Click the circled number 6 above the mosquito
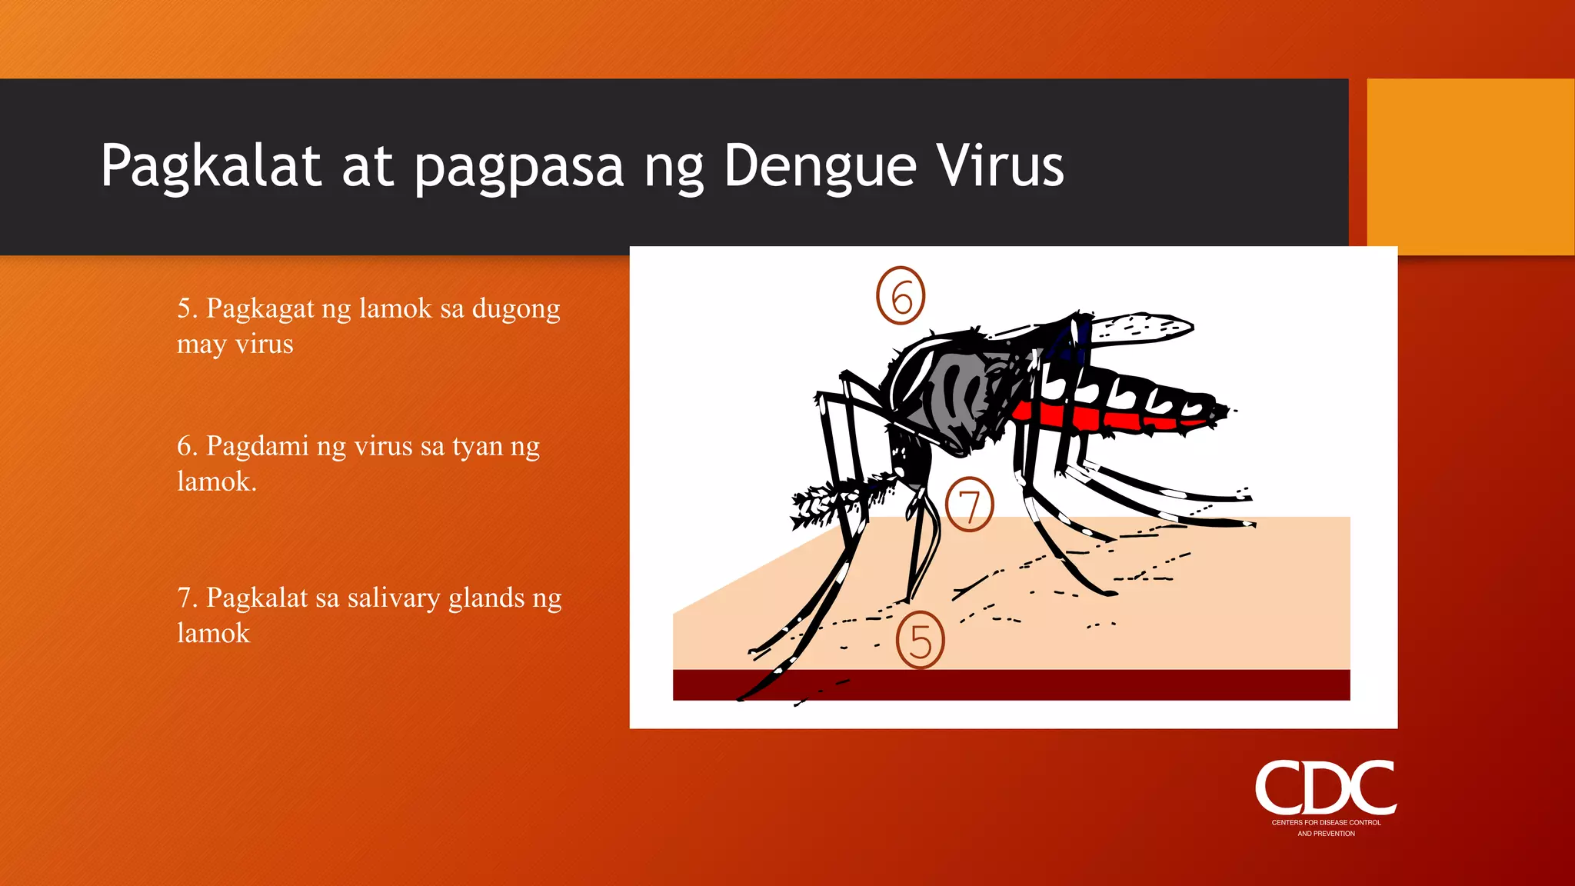coord(901,295)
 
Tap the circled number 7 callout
coord(969,505)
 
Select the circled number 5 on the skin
coord(920,640)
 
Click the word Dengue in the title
coord(820,166)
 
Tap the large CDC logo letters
coord(1326,788)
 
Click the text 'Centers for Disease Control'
coord(1326,822)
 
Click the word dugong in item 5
coord(516,309)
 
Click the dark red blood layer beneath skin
coord(1077,684)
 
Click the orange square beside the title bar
coord(1470,166)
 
